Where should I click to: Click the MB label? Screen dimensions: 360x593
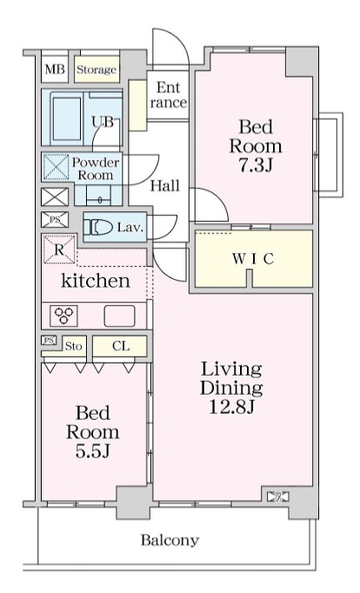[x=55, y=70]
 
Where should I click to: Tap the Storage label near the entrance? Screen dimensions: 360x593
[x=97, y=70]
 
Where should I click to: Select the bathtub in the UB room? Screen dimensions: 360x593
[x=67, y=117]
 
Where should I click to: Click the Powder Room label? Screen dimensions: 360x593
[x=96, y=169]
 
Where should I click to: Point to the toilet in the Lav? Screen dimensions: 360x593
[x=98, y=227]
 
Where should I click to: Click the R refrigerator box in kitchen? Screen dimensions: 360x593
[x=59, y=250]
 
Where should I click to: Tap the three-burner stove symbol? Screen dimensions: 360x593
[x=63, y=316]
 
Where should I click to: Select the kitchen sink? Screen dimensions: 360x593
[x=119, y=316]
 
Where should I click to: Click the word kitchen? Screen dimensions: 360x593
[x=96, y=281]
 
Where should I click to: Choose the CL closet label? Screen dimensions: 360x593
[x=121, y=346]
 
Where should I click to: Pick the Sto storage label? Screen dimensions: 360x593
[x=73, y=346]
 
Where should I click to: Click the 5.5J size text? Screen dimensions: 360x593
[x=92, y=450]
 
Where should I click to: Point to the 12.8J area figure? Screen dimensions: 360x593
[x=231, y=407]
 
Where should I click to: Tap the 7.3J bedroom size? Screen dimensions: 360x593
[x=256, y=165]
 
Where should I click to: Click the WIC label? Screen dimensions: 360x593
[x=253, y=259]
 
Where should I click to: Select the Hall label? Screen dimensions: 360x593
[x=165, y=186]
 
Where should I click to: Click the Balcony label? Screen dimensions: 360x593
[x=170, y=540]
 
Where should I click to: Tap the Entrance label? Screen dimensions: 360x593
[x=169, y=95]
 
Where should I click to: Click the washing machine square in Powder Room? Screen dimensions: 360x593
[x=56, y=167]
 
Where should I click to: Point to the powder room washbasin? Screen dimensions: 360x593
[x=99, y=196]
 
